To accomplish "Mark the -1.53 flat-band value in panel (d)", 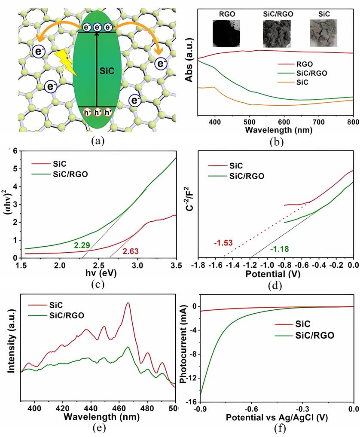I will click(x=223, y=243).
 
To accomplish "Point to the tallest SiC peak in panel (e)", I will click(x=128, y=303).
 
